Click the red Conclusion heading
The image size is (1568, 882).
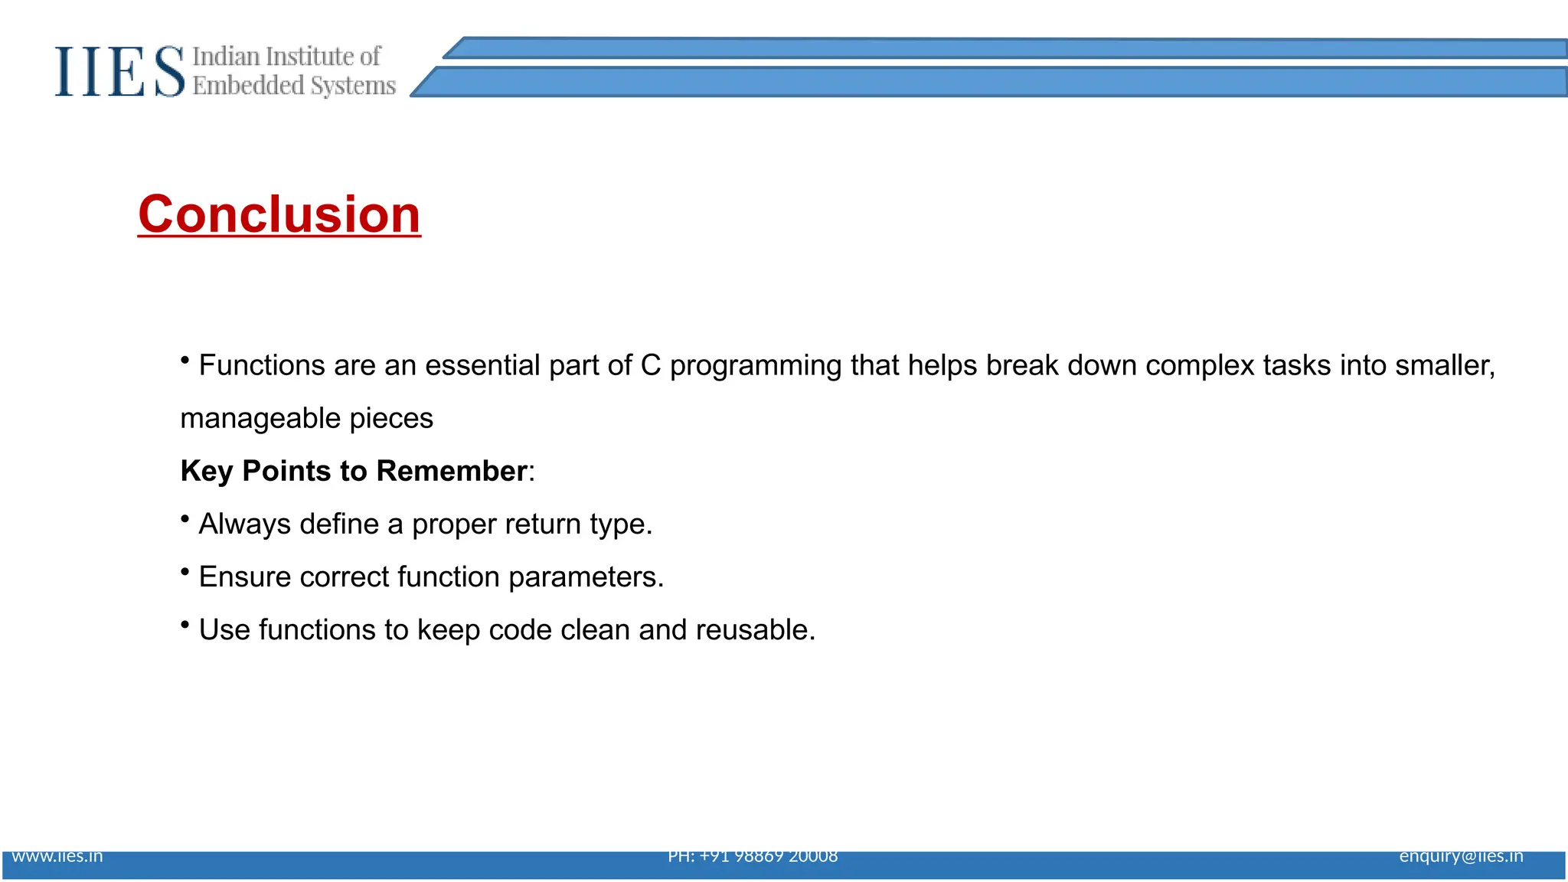click(279, 214)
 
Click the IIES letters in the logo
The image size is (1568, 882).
click(119, 72)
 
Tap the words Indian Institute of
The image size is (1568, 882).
click(286, 57)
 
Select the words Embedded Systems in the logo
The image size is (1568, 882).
click(294, 86)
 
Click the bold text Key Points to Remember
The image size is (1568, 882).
click(354, 471)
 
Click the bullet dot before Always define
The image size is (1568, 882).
click(185, 519)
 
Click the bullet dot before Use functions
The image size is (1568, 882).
click(185, 625)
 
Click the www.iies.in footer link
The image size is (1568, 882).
click(57, 856)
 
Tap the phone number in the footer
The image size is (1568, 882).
click(753, 856)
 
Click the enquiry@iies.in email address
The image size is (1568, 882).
click(1461, 856)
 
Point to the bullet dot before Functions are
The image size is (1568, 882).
click(185, 360)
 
